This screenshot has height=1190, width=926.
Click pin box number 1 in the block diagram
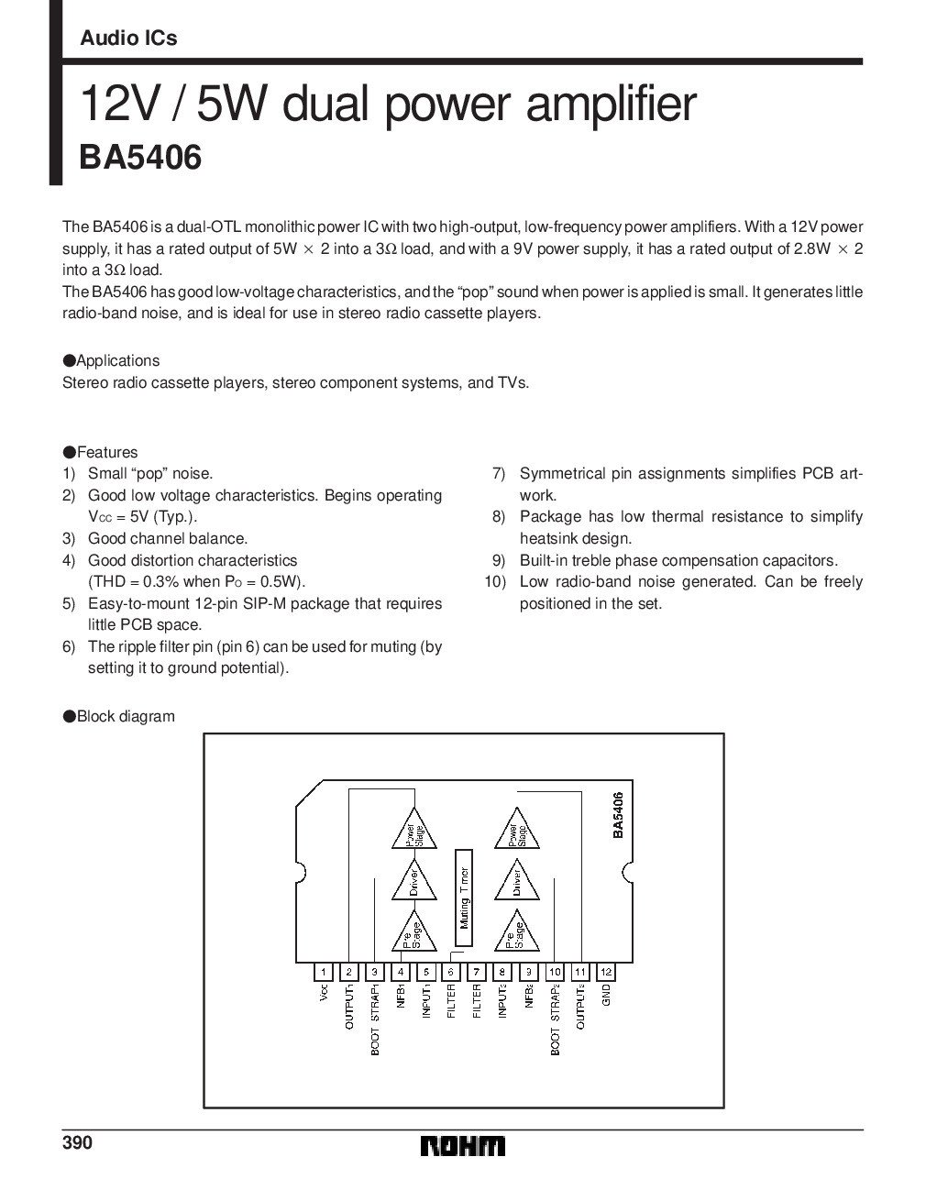click(324, 971)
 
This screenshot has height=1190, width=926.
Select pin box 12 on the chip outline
click(606, 971)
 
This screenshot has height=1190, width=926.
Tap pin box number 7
click(477, 971)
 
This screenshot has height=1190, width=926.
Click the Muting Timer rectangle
click(464, 897)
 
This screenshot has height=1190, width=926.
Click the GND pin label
click(606, 996)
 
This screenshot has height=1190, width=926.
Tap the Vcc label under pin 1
click(324, 994)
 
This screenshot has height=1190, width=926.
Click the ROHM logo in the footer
click(462, 1147)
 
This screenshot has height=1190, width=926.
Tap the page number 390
click(78, 1142)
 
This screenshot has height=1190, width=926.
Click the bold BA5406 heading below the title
click(140, 158)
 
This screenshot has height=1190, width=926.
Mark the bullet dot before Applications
click(68, 361)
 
